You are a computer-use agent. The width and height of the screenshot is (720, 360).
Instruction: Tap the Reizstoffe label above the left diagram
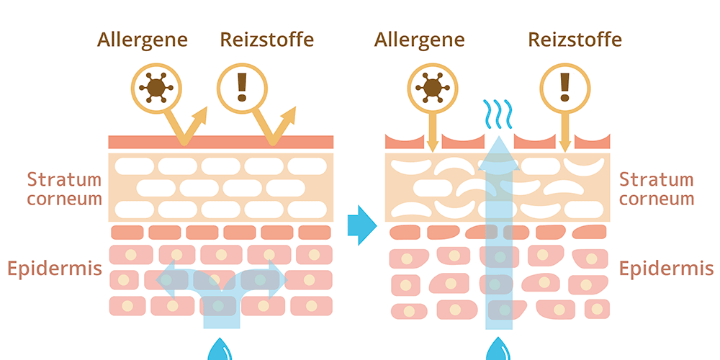tap(267, 39)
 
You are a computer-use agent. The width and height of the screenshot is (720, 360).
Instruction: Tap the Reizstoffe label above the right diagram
tap(575, 39)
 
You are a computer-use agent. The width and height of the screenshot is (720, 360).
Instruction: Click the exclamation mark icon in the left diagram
tap(242, 87)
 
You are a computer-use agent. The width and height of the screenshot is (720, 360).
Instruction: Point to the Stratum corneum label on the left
tap(65, 189)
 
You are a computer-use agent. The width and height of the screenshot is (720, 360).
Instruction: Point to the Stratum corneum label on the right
tap(656, 189)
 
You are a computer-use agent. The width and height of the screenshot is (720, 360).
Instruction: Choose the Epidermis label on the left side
tap(55, 269)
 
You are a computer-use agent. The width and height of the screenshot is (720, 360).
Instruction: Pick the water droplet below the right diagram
tap(498, 350)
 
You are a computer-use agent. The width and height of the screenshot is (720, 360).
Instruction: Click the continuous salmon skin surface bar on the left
tap(221, 142)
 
